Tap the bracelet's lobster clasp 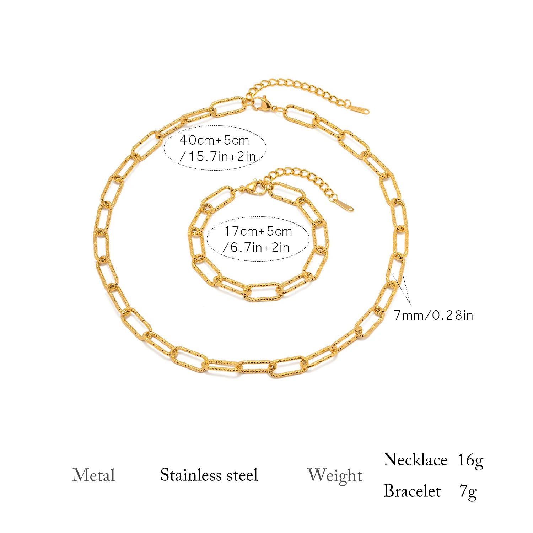(x=253, y=187)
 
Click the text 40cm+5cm (x=214, y=140)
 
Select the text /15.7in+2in (x=217, y=156)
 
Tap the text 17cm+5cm (x=258, y=231)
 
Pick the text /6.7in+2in (x=256, y=247)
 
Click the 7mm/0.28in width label (x=434, y=315)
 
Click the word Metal (x=94, y=475)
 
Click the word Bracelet (x=412, y=491)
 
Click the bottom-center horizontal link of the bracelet (x=263, y=292)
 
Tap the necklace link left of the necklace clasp (x=229, y=107)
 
